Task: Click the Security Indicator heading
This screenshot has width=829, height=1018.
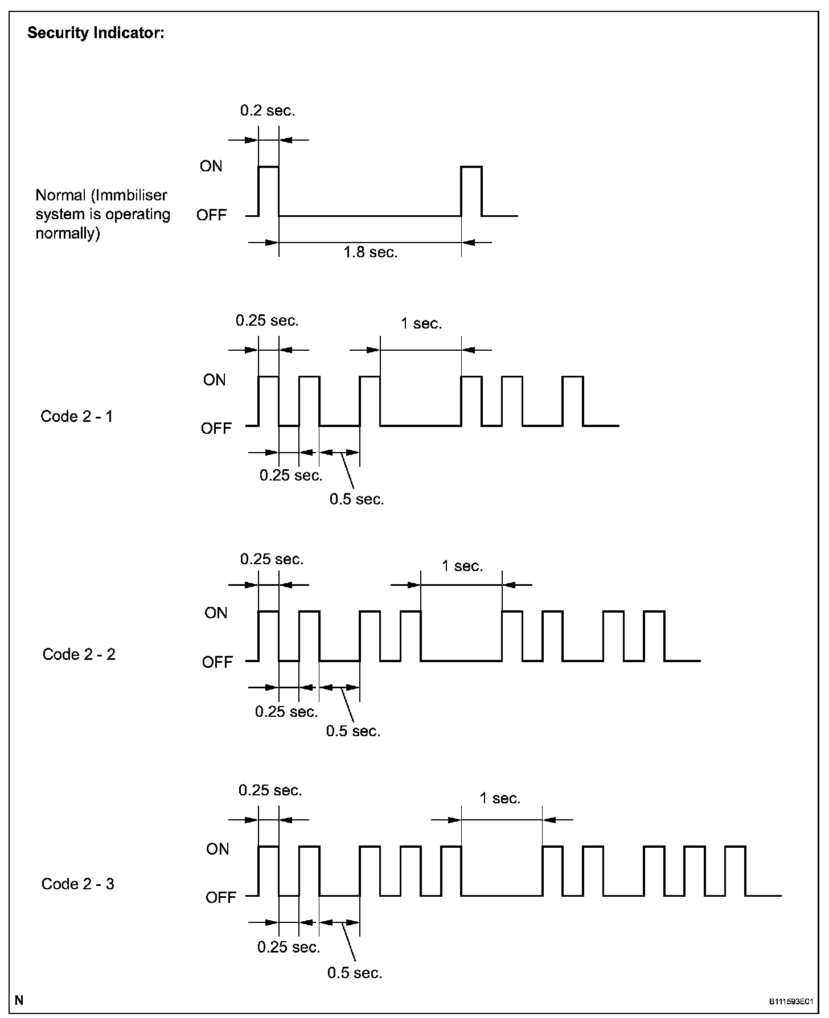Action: [x=96, y=33]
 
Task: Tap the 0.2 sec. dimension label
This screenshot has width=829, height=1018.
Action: [x=268, y=110]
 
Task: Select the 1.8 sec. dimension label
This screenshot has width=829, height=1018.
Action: [x=371, y=252]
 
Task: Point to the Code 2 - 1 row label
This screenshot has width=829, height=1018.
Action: [x=77, y=416]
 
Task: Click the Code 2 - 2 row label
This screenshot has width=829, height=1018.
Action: [x=79, y=654]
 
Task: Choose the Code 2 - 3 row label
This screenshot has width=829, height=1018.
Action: [x=78, y=884]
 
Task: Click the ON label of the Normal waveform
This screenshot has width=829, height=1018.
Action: [x=211, y=166]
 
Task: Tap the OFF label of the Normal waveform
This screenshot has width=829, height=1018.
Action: [x=211, y=215]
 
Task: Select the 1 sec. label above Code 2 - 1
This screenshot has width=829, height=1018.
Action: [x=421, y=323]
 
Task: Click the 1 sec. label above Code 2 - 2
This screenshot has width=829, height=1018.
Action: [x=462, y=566]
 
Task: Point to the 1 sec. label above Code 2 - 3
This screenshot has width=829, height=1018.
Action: [x=500, y=798]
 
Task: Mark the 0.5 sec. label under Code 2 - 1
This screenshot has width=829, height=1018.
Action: [x=357, y=499]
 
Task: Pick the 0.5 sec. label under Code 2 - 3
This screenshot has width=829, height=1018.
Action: [x=355, y=972]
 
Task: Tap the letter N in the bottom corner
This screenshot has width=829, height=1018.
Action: [x=19, y=1000]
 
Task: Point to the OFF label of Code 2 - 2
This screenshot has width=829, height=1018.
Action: [x=217, y=662]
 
